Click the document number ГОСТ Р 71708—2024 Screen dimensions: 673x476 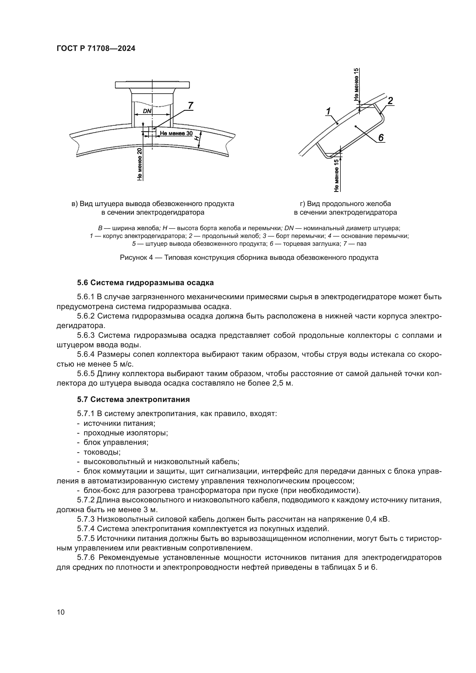96,49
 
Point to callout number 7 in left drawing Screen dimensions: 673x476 191,106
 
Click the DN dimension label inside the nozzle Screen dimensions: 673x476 147,111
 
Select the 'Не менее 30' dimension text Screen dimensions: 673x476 176,134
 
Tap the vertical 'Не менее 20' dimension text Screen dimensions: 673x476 140,164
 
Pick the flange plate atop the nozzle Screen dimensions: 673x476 153,85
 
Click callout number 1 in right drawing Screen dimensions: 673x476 328,111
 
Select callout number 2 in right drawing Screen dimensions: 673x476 390,101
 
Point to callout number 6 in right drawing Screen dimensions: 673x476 381,137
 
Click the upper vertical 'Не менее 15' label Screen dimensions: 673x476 356,84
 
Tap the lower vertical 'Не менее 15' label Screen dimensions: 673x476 336,175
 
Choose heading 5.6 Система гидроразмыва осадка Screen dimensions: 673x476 145,283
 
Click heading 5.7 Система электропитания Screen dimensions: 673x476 133,400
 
